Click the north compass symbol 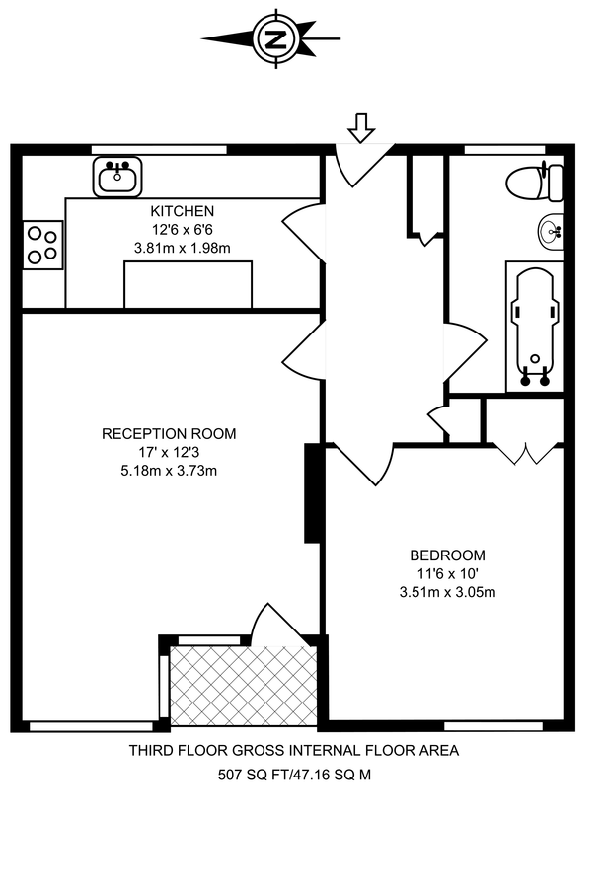click(x=277, y=39)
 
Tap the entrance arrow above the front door click(x=362, y=127)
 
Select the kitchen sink click(x=118, y=178)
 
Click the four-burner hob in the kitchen click(x=41, y=245)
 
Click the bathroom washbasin click(x=551, y=233)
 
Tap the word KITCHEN click(x=182, y=211)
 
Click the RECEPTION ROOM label click(x=169, y=433)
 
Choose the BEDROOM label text click(x=447, y=555)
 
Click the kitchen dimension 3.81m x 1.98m click(x=182, y=248)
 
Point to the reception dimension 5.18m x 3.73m click(x=169, y=470)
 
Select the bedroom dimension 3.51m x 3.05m click(x=447, y=592)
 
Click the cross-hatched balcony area click(x=243, y=686)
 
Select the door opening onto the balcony click(x=266, y=624)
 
